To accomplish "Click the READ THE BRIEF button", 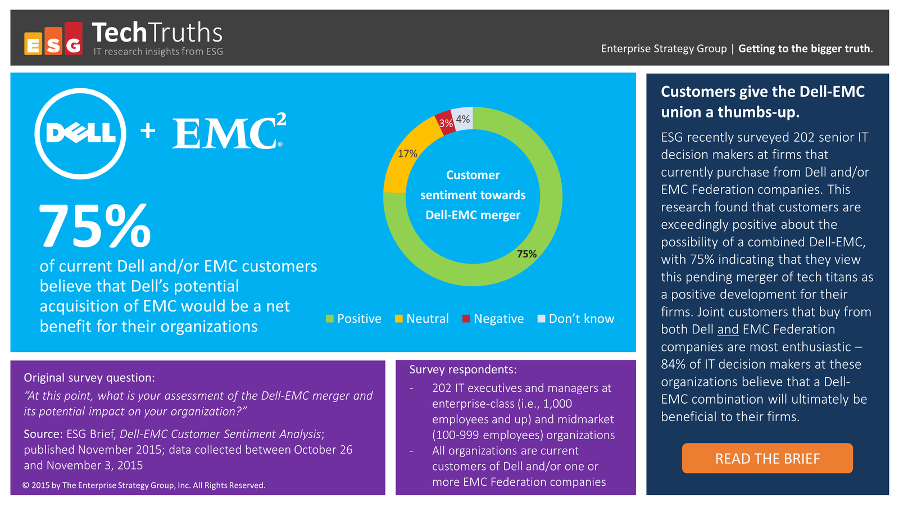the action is coord(767,458).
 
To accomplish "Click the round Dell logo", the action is coord(80,134).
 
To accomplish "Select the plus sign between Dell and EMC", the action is coord(148,131).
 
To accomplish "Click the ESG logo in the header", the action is coord(53,38).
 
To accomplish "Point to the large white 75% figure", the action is coord(95,225).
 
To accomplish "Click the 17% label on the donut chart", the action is coord(407,154).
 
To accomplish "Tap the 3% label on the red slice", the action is coord(446,123).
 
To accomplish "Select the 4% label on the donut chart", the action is coord(463,119).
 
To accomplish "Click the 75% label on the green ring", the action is coord(526,254).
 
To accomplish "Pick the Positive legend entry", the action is coord(353,318).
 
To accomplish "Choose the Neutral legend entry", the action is coord(422,318).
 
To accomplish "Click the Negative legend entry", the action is coord(493,318).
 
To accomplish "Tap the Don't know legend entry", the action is coord(576,318).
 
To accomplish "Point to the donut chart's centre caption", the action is coord(473,195).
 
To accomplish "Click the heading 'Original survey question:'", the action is coord(89,377).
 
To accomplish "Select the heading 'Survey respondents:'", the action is coord(463,369).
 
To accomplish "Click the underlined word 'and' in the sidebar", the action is coord(728,329).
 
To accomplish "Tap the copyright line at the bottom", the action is coord(144,485).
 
